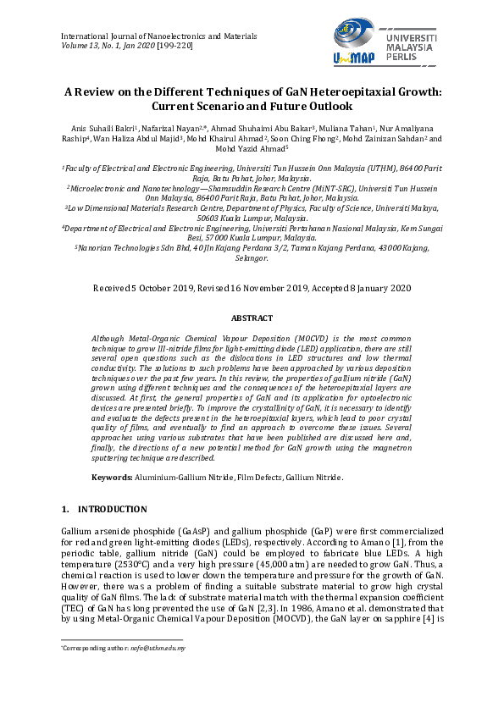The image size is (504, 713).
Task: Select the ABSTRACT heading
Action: click(x=252, y=318)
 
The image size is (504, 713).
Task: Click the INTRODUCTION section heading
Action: click(x=112, y=509)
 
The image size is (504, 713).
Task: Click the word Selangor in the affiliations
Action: click(x=252, y=257)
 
